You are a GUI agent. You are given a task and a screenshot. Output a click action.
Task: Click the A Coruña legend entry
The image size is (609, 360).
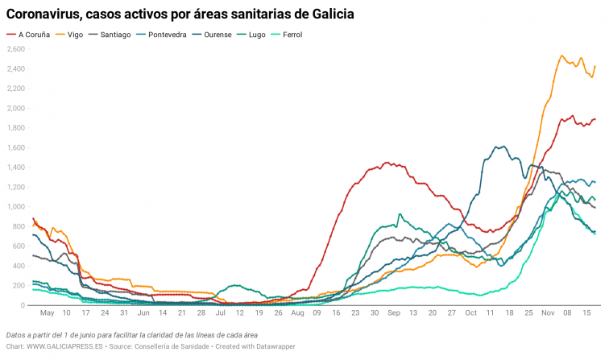[32, 35]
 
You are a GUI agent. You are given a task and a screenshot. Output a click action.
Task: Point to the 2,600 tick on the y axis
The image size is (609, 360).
[15, 49]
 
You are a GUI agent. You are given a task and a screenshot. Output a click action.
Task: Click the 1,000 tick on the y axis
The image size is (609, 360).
[15, 207]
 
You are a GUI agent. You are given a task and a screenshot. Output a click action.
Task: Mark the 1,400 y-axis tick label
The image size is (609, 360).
[15, 168]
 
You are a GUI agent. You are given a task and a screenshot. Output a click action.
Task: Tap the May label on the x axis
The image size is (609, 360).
[48, 312]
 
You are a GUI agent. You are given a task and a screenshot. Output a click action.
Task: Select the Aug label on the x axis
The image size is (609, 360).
[297, 312]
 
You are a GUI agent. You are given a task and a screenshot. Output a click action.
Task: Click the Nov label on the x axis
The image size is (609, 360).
[548, 312]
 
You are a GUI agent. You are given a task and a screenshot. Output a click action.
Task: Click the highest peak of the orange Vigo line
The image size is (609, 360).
[561, 56]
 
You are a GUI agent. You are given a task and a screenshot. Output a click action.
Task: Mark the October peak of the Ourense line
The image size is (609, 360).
[501, 147]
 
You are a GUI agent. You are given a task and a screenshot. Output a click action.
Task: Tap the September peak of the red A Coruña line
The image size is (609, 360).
[387, 163]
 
